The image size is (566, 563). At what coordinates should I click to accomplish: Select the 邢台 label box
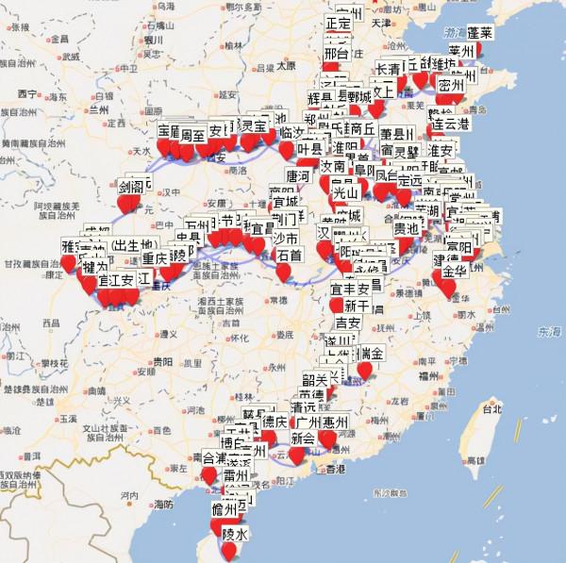point(337,54)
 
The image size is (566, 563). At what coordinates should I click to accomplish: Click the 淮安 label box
point(441,151)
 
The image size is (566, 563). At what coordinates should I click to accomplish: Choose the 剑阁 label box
point(131,188)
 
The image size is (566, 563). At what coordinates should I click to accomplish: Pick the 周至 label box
point(193,135)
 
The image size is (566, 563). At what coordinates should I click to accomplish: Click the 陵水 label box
point(235,534)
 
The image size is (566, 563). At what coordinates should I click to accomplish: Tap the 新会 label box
point(303,439)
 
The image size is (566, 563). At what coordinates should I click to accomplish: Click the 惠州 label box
point(335,422)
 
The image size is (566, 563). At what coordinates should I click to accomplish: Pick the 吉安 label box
point(349,323)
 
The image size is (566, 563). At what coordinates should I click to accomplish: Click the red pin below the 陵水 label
point(229,550)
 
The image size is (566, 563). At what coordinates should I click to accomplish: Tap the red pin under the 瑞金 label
point(365,372)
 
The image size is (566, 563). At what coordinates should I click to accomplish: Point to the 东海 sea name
point(547,332)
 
